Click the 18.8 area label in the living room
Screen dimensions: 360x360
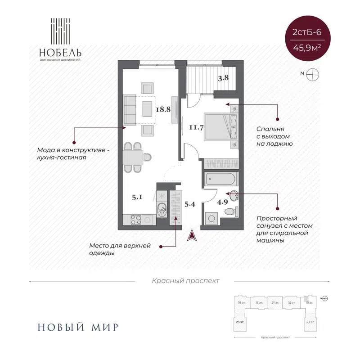tap(162, 109)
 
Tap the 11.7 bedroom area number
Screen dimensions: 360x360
tap(196, 127)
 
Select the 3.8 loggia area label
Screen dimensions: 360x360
tap(224, 77)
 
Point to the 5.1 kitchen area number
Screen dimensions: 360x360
tap(138, 196)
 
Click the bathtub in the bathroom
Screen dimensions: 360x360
tap(221, 179)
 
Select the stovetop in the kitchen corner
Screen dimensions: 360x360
tap(137, 220)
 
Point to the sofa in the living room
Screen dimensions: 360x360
tap(130, 110)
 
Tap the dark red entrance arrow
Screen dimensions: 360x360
tap(192, 234)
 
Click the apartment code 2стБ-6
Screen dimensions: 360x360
tap(306, 33)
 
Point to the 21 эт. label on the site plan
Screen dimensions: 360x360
tap(276, 302)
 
